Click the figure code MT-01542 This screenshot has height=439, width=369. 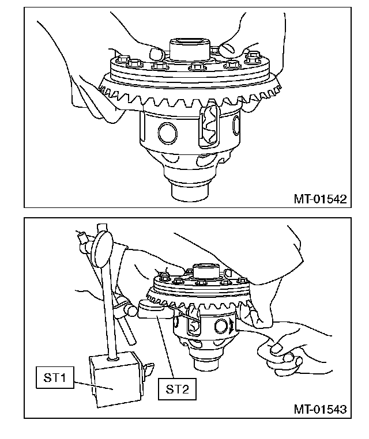[x=320, y=199]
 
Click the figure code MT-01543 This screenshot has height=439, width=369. [x=320, y=409]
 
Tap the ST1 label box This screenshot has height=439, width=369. [x=55, y=377]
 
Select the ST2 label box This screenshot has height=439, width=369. [x=177, y=389]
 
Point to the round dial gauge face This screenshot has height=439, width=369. [x=101, y=249]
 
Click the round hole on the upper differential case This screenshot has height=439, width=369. [x=168, y=133]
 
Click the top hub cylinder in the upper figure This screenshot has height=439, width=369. [x=190, y=50]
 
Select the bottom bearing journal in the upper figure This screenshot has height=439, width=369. [x=190, y=191]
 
